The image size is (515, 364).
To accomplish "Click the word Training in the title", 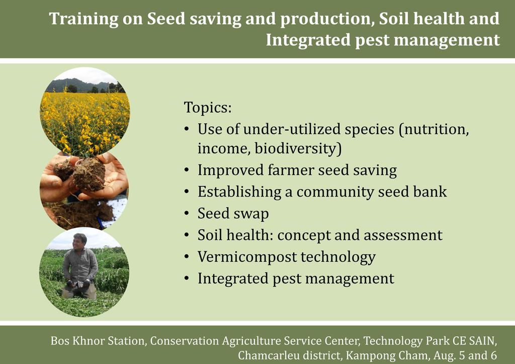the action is click(x=83, y=19).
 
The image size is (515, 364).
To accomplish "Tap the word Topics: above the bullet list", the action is click(x=208, y=107).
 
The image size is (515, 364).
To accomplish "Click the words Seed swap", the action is click(x=233, y=214).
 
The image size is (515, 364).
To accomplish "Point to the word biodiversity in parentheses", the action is click(x=296, y=148).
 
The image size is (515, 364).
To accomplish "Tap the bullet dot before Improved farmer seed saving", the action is click(x=187, y=170).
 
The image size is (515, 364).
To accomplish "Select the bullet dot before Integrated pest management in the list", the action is click(x=187, y=279).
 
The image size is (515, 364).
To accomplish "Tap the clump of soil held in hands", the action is click(x=89, y=174).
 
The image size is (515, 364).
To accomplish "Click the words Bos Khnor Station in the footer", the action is click(x=98, y=341).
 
